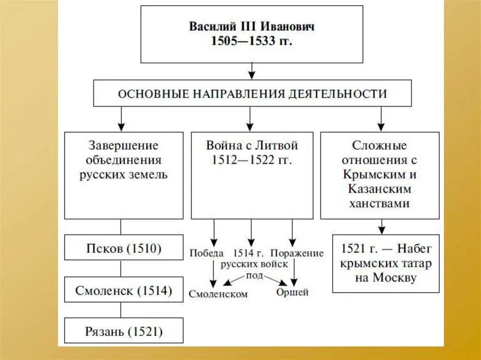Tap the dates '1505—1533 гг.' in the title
click(252, 41)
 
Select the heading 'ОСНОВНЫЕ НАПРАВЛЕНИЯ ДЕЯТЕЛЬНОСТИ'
click(252, 93)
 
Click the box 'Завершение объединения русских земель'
click(124, 175)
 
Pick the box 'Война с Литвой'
click(252, 175)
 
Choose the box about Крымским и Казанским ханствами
click(380, 175)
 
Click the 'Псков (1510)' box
click(124, 248)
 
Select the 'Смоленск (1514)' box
click(124, 291)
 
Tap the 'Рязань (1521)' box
click(124, 332)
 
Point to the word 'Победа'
click(206, 253)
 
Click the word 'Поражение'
click(297, 253)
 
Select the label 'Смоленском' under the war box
click(218, 294)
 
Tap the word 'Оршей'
click(292, 292)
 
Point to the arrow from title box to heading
click(252, 71)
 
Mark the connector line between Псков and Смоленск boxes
click(121, 268)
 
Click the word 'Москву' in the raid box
click(395, 277)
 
